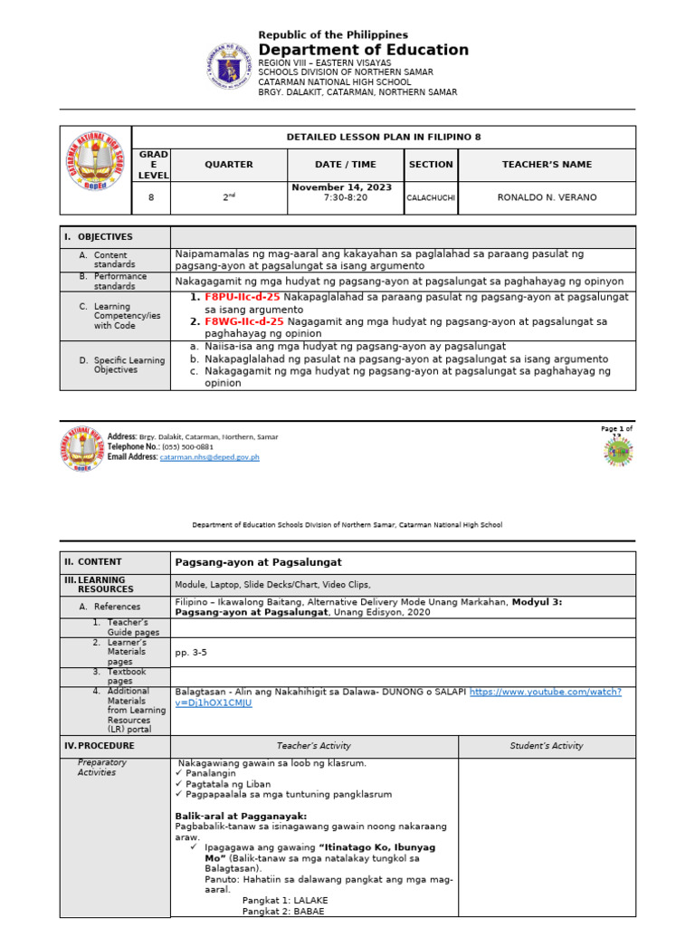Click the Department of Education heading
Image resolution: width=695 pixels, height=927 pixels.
[363, 51]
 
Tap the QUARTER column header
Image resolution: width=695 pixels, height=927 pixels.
[229, 165]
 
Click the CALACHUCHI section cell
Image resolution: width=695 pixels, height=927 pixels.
[431, 197]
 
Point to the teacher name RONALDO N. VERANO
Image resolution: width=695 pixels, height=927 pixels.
[547, 197]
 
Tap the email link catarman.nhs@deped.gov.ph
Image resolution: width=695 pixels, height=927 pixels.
[209, 457]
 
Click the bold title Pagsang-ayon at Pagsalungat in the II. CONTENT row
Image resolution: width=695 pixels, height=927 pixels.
[258, 562]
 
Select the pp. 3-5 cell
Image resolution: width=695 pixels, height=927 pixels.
[191, 652]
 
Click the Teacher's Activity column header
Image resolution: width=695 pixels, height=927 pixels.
[313, 746]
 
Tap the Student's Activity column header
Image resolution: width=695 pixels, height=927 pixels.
[547, 746]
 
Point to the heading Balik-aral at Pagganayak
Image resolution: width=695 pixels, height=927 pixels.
[235, 816]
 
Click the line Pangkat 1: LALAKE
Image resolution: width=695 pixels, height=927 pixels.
[285, 900]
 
